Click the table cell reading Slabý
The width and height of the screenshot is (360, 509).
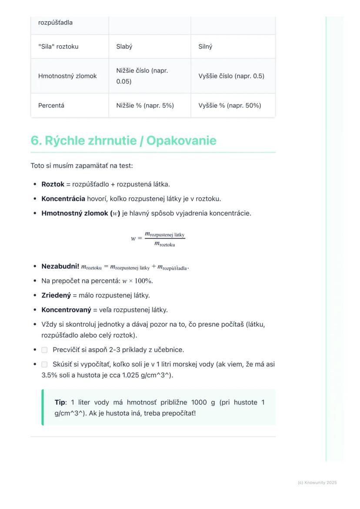pyautogui.click(x=124, y=47)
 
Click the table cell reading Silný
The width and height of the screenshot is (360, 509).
pyautogui.click(x=205, y=47)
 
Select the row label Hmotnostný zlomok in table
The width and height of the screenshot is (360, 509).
pyautogui.click(x=67, y=76)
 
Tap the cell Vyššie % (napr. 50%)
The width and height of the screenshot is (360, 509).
pyautogui.click(x=230, y=105)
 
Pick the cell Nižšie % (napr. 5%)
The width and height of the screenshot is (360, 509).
pyautogui.click(x=145, y=105)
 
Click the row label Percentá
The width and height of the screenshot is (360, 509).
pyautogui.click(x=51, y=105)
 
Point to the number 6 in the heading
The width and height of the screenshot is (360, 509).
pyautogui.click(x=35, y=141)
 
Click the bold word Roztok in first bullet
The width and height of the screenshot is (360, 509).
pyautogui.click(x=53, y=184)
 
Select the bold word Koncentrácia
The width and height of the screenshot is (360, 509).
pyautogui.click(x=63, y=199)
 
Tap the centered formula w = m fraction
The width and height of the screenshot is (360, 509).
pyautogui.click(x=158, y=239)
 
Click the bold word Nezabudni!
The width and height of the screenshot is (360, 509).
pyautogui.click(x=60, y=266)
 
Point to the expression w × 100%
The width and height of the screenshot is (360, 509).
pyautogui.click(x=137, y=281)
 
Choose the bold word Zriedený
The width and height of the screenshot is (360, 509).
pyautogui.click(x=56, y=296)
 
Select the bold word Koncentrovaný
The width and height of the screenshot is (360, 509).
pyautogui.click(x=66, y=310)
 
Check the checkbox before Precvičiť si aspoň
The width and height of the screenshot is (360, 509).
pyautogui.click(x=44, y=350)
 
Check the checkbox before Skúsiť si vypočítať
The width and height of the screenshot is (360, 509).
pyautogui.click(x=44, y=365)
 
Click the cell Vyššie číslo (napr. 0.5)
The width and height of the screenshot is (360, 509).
pyautogui.click(x=231, y=76)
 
